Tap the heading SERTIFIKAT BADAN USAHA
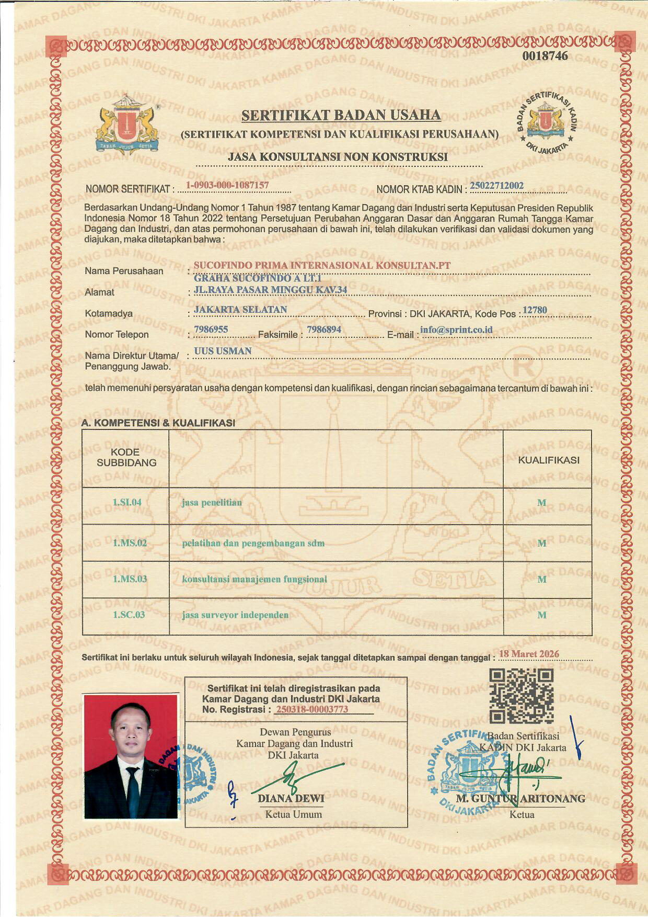[341, 115]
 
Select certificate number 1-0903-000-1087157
[227, 185]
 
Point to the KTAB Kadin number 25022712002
[497, 186]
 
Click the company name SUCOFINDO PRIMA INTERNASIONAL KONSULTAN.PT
[322, 265]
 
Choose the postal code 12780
[535, 310]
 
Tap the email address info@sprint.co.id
[456, 330]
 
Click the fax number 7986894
[324, 330]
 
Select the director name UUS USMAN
[223, 351]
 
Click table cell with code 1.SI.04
[127, 503]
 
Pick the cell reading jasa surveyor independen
[235, 615]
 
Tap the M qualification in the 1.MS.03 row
[542, 580]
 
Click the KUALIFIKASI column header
[548, 460]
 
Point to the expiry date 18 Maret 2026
[529, 654]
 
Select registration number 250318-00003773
[311, 710]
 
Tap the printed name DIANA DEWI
[291, 799]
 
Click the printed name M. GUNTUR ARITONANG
[520, 799]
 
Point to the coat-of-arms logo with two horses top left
[126, 124]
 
